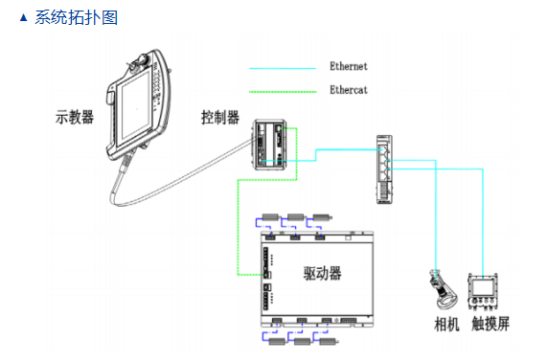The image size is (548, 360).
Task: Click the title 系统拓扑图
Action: [x=77, y=17]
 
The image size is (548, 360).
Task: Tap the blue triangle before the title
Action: [x=23, y=17]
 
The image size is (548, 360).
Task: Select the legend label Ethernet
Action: [x=349, y=66]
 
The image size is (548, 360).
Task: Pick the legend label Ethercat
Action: [x=349, y=90]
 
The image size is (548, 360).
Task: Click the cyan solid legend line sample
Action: [x=283, y=68]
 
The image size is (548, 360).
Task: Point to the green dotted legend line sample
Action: [x=283, y=92]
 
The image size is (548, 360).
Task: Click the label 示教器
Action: [x=75, y=117]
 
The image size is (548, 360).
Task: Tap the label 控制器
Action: [x=220, y=118]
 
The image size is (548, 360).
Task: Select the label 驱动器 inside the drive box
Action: [x=322, y=273]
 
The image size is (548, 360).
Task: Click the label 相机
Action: [x=446, y=324]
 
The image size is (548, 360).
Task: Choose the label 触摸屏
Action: [x=491, y=324]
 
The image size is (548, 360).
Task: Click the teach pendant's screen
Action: [x=134, y=107]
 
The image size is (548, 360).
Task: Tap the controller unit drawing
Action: [x=270, y=145]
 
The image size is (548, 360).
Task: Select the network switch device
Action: [x=384, y=169]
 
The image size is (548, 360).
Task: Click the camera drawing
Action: [x=442, y=289]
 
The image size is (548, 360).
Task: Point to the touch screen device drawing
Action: [x=483, y=292]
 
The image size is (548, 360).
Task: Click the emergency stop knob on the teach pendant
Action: [x=143, y=58]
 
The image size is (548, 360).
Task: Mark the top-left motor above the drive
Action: [x=270, y=217]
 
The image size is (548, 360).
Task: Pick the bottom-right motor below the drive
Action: [x=329, y=341]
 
